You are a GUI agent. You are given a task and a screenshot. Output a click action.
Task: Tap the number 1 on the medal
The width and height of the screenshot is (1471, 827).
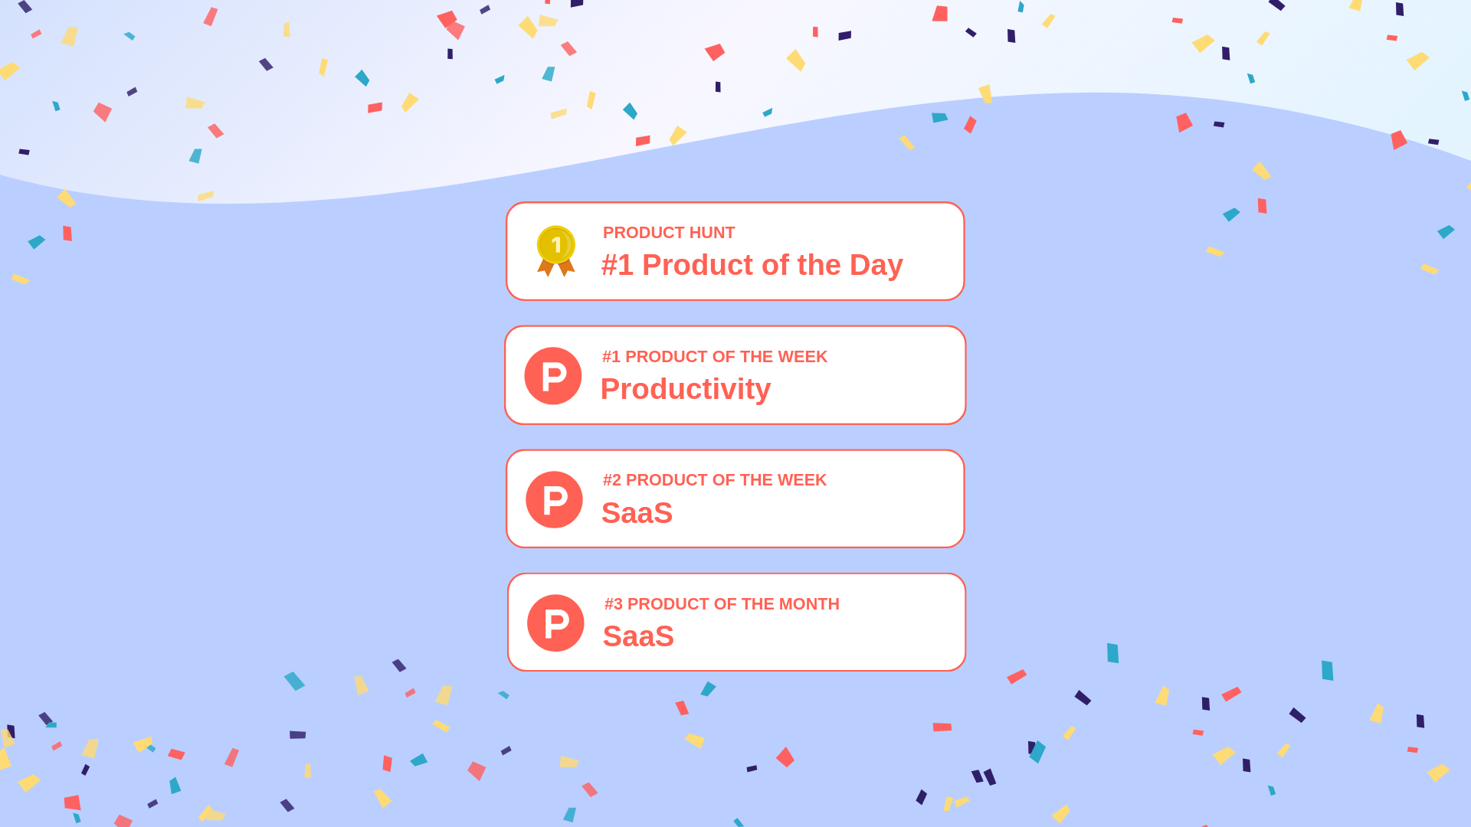pos(556,245)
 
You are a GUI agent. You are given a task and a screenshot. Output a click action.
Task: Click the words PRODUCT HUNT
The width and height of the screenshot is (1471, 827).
pos(668,233)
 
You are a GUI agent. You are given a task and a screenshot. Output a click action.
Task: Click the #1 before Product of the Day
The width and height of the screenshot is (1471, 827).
pos(618,266)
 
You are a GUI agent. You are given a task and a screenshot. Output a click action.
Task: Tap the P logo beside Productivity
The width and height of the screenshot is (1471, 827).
pos(553,376)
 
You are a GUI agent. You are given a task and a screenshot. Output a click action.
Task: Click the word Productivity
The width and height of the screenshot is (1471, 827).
pos(685,390)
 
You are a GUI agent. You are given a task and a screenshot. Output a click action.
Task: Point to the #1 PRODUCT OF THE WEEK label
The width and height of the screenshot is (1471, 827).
pos(714,357)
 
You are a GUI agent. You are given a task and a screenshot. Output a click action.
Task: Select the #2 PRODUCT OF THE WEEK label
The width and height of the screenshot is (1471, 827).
pos(714,480)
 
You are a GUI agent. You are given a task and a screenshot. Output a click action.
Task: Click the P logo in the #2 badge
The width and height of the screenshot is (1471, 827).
pos(554,499)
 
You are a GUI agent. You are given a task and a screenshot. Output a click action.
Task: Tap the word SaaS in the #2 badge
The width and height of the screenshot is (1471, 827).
pos(637,513)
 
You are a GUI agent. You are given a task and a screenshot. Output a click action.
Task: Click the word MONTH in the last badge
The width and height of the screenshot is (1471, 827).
pos(808,604)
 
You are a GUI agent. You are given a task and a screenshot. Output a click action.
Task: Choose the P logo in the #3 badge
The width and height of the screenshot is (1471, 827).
pos(555,623)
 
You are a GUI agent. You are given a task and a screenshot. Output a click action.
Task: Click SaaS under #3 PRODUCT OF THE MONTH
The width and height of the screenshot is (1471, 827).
pos(638,637)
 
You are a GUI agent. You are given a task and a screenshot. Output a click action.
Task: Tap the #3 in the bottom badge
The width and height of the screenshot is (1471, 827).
pos(613,604)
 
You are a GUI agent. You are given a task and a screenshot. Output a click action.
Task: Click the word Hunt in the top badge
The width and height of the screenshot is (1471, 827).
pos(712,233)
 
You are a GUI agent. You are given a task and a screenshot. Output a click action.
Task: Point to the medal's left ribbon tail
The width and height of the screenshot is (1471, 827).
pos(546,268)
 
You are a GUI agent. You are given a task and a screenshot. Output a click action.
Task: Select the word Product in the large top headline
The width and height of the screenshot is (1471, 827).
pos(692,266)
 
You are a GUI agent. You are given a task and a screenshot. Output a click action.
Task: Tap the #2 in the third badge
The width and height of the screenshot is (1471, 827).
pos(611,480)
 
